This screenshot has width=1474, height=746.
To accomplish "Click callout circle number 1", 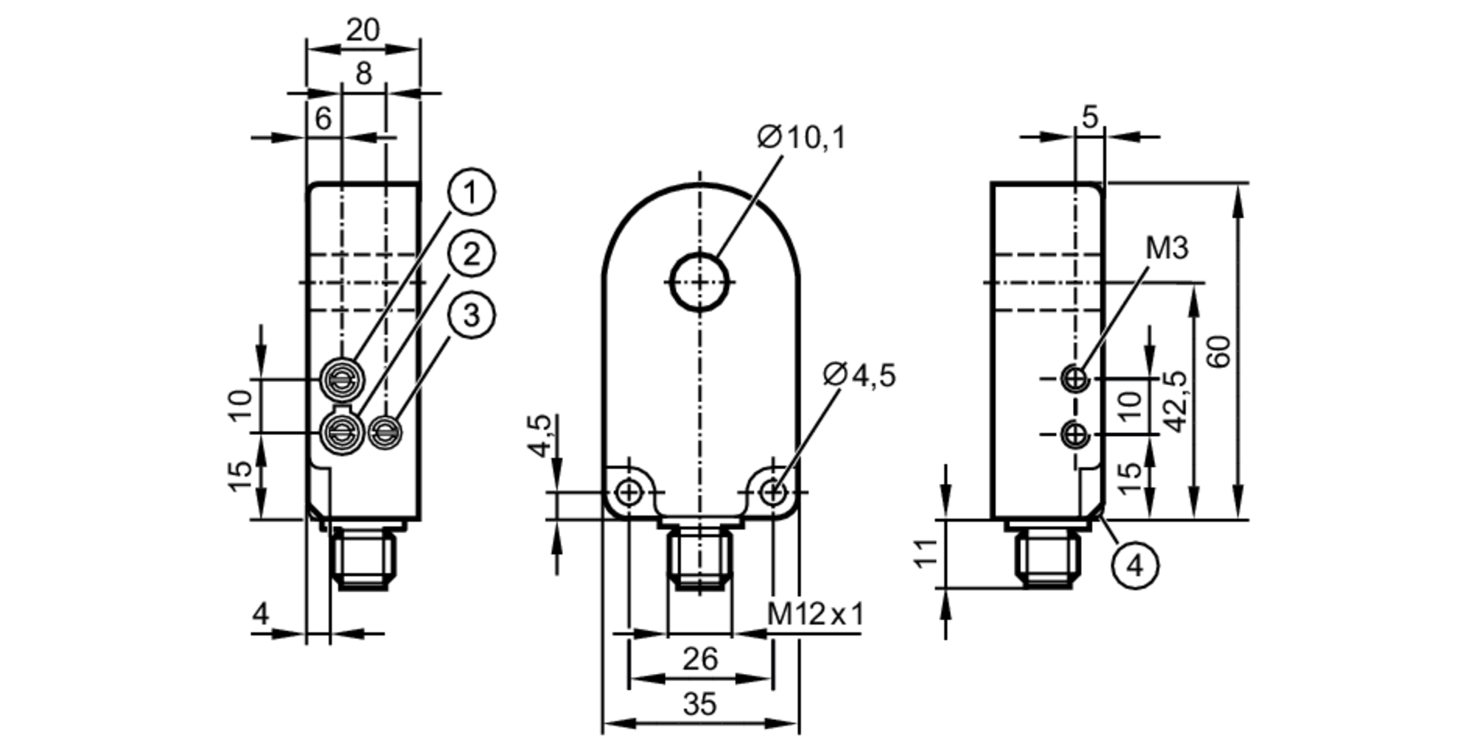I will pyautogui.click(x=471, y=192).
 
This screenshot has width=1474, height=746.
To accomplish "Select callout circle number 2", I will pyautogui.click(x=471, y=254).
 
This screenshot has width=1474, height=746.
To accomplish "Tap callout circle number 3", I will pyautogui.click(x=471, y=315).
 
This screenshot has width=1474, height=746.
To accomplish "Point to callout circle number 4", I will pyautogui.click(x=1135, y=566).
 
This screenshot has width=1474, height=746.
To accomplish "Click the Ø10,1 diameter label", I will pyautogui.click(x=802, y=138).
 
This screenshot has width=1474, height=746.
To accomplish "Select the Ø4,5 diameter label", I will pyautogui.click(x=859, y=376).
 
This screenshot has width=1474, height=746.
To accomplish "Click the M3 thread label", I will pyautogui.click(x=1167, y=249).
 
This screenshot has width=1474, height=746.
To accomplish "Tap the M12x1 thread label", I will pyautogui.click(x=814, y=613).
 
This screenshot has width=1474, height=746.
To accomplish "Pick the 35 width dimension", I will pyautogui.click(x=699, y=705).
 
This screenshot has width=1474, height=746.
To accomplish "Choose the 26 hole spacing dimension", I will pyautogui.click(x=699, y=659).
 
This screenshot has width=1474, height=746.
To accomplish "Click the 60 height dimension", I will pyautogui.click(x=1220, y=351).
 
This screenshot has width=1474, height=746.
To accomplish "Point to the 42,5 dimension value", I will pyautogui.click(x=1176, y=401).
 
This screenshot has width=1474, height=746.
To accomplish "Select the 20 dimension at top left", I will pyautogui.click(x=363, y=30).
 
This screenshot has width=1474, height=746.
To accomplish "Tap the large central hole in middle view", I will pyautogui.click(x=699, y=281).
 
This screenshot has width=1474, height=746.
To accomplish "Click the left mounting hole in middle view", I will pyautogui.click(x=629, y=492).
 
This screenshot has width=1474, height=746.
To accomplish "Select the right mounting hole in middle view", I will pyautogui.click(x=772, y=492).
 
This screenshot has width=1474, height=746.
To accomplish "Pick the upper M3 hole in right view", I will pyautogui.click(x=1075, y=379).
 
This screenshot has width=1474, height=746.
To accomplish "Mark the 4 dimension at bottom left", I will pyautogui.click(x=261, y=613).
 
